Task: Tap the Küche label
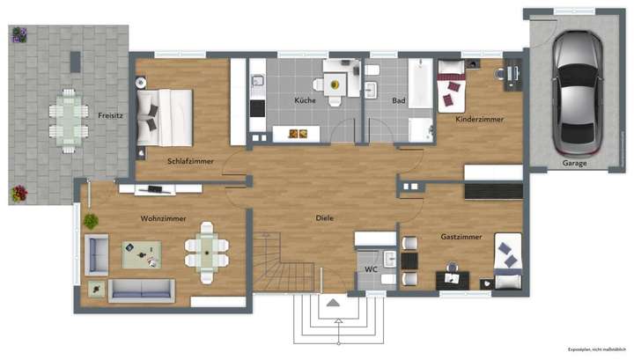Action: click(x=305, y=100)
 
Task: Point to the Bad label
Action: click(x=398, y=100)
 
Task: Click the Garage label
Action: click(x=576, y=162)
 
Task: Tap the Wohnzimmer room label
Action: click(x=160, y=217)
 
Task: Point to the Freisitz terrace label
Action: click(x=110, y=114)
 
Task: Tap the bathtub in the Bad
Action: click(x=420, y=84)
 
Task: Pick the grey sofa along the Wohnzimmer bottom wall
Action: click(x=141, y=290)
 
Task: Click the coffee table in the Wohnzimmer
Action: click(x=142, y=254)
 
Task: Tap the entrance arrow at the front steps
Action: click(x=334, y=303)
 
